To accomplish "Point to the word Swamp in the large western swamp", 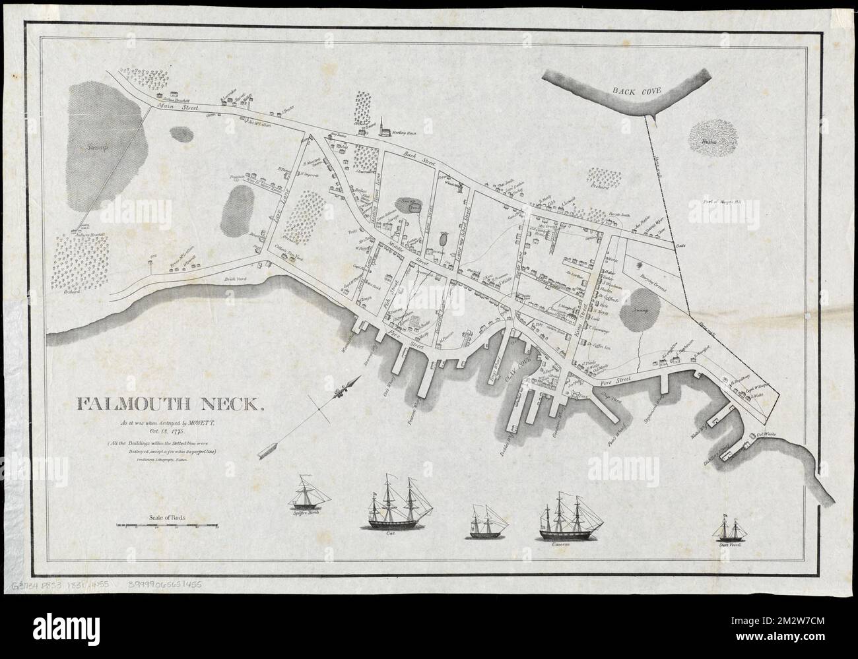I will click(x=98, y=149).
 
